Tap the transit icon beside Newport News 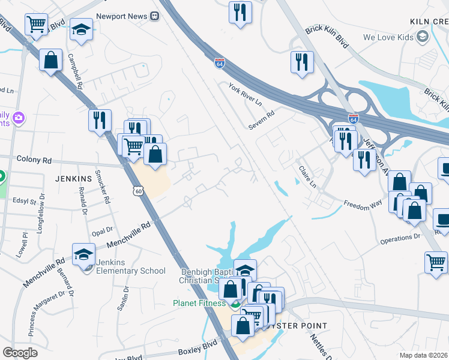point(155,16)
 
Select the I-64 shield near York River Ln point(220,62)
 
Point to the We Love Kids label point(389,37)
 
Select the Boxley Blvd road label point(196,349)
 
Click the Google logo point(20,352)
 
